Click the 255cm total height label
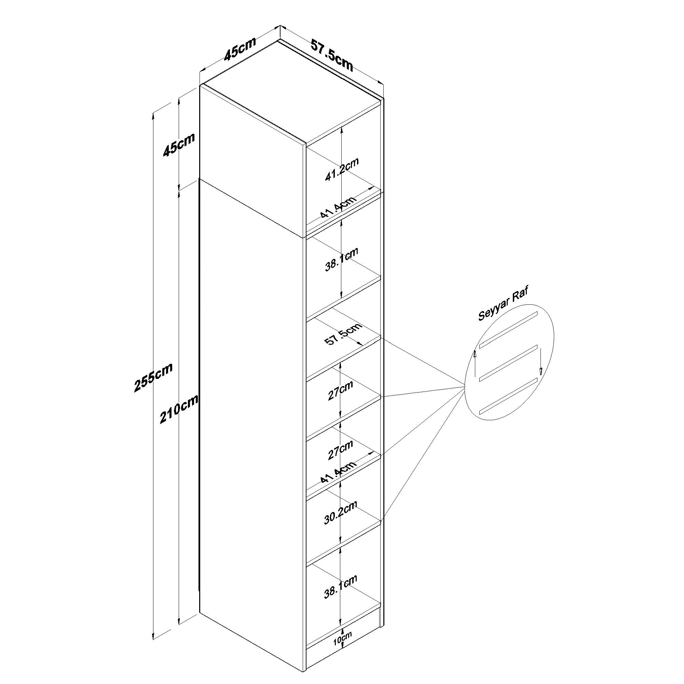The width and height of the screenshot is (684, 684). click(153, 378)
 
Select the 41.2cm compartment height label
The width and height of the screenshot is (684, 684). click(342, 169)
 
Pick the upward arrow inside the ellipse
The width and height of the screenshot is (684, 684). click(475, 364)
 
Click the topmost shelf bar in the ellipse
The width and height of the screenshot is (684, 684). click(508, 329)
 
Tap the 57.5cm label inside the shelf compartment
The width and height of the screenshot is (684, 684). click(343, 334)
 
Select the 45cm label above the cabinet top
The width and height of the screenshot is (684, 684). click(240, 49)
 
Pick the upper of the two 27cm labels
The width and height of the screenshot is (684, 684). click(340, 390)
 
